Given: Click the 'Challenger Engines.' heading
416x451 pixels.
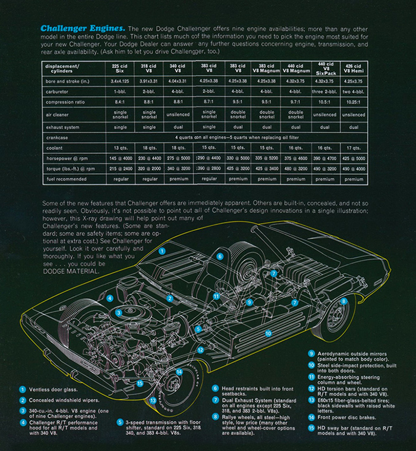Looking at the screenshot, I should click(82, 28).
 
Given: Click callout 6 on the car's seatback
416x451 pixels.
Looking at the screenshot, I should click(219, 256).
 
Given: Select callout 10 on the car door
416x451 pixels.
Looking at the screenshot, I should click(268, 333).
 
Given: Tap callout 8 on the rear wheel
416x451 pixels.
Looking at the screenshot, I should click(343, 302).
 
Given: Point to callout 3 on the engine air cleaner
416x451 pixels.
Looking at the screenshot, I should click(119, 312).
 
